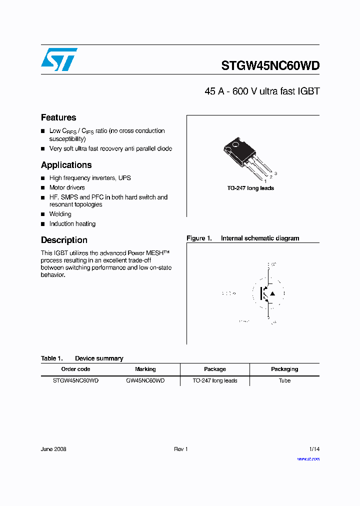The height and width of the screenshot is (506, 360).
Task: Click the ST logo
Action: [x=59, y=59]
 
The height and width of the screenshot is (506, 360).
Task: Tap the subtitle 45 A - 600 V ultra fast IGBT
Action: [x=261, y=91]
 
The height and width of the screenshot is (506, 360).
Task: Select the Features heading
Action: [x=58, y=117]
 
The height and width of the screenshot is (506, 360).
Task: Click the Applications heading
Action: [x=66, y=165]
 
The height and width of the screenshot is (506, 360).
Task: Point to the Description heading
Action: [x=64, y=240]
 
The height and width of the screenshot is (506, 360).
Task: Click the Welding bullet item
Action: [x=60, y=214]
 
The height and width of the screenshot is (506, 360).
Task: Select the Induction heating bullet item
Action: [x=72, y=224]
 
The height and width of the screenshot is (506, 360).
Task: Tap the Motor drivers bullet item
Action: [x=67, y=187]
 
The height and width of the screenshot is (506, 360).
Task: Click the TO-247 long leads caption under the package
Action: [x=250, y=188]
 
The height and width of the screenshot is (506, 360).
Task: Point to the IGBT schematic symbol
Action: [x=268, y=293]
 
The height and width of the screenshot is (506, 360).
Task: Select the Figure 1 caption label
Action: [x=199, y=238]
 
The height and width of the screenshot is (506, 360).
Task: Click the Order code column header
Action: [x=75, y=369]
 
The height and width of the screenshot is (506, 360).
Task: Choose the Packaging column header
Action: [x=284, y=369]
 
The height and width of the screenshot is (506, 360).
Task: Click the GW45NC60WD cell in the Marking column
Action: [x=145, y=380]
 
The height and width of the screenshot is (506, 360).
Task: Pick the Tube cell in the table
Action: [x=284, y=380]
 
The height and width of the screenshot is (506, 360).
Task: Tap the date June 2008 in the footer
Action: [x=53, y=449]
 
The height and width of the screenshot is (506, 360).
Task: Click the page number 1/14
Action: [x=314, y=449]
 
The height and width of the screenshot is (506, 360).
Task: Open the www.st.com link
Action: [x=308, y=459]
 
